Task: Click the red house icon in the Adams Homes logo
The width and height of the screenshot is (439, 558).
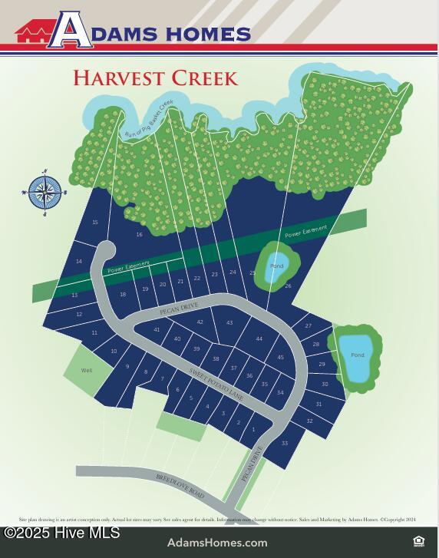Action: pyautogui.click(x=33, y=33)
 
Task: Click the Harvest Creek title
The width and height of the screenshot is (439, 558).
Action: pyautogui.click(x=156, y=78)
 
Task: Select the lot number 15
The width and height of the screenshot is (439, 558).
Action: pyautogui.click(x=95, y=223)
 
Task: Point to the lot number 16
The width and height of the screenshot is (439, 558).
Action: pyautogui.click(x=139, y=234)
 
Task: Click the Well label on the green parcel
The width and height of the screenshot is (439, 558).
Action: pyautogui.click(x=87, y=370)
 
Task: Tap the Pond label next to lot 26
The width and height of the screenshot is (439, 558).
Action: pyautogui.click(x=276, y=266)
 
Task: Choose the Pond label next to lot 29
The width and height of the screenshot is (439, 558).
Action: pyautogui.click(x=357, y=355)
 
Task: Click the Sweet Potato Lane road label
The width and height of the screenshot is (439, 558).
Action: pyautogui.click(x=216, y=384)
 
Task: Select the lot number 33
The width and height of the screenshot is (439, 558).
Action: pyautogui.click(x=285, y=443)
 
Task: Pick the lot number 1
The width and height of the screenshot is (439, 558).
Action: pyautogui.click(x=253, y=430)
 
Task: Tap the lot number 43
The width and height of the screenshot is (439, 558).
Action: pyautogui.click(x=229, y=323)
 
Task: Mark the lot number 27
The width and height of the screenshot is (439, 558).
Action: pyautogui.click(x=309, y=326)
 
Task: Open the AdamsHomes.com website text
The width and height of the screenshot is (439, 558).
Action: pyautogui.click(x=217, y=543)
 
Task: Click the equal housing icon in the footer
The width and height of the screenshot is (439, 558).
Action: pyautogui.click(x=418, y=541)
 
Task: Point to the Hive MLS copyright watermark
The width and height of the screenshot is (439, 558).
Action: pyautogui.click(x=62, y=532)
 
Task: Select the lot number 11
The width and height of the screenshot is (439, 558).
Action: pyautogui.click(x=94, y=333)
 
